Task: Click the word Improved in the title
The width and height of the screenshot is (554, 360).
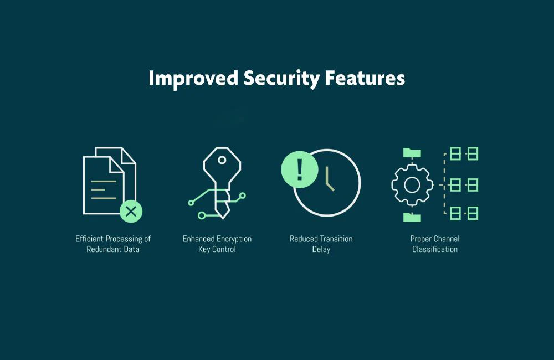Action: click(x=193, y=79)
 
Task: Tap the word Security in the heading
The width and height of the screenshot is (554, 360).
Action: click(x=281, y=79)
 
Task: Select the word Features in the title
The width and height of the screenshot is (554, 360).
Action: click(x=365, y=78)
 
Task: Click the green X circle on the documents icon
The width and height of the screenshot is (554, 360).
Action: click(x=131, y=211)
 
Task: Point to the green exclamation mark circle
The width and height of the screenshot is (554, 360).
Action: click(x=300, y=169)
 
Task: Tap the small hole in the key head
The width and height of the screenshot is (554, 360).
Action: click(x=222, y=160)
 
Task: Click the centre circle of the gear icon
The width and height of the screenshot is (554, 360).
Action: click(x=412, y=185)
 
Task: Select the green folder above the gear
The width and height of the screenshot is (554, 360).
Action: click(x=412, y=153)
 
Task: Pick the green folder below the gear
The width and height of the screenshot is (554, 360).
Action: click(x=412, y=217)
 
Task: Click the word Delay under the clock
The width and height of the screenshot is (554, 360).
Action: click(x=321, y=249)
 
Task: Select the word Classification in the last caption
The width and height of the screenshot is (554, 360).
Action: click(x=435, y=249)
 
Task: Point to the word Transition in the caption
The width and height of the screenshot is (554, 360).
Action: click(x=336, y=239)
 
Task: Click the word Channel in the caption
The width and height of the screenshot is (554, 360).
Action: click(x=446, y=239)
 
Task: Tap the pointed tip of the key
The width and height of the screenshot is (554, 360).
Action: click(x=223, y=218)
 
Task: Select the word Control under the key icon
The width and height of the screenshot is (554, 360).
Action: click(x=224, y=249)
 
